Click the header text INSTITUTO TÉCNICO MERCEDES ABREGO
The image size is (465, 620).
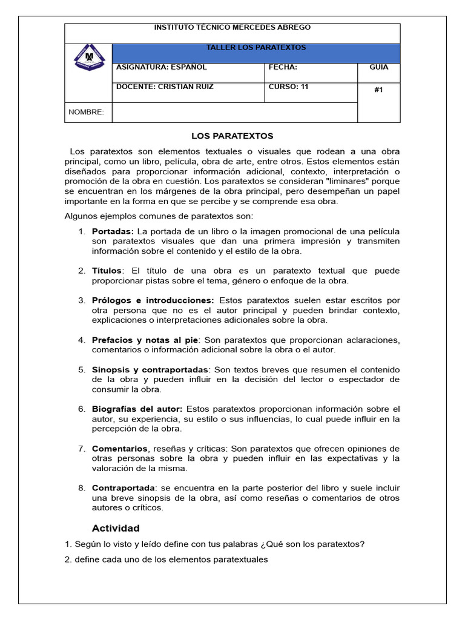(232, 28)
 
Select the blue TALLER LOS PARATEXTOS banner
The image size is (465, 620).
(257, 48)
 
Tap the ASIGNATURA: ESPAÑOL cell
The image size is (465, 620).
(162, 68)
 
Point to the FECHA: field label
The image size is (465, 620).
(283, 68)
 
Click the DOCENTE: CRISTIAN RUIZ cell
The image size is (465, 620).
(165, 87)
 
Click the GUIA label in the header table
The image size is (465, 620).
(379, 68)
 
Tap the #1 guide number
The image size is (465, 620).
(379, 90)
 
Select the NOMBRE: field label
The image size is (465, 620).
(86, 112)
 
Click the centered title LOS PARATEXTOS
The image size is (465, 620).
(232, 136)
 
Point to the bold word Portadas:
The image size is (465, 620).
(113, 231)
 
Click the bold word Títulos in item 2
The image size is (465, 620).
(107, 271)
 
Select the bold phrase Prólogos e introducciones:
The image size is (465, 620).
(153, 300)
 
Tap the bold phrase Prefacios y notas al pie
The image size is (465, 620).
(145, 340)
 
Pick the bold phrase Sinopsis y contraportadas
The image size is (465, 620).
(150, 369)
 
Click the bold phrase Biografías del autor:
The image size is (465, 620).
(137, 409)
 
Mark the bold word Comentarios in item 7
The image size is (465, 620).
(119, 449)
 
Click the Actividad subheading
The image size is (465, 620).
(116, 528)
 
